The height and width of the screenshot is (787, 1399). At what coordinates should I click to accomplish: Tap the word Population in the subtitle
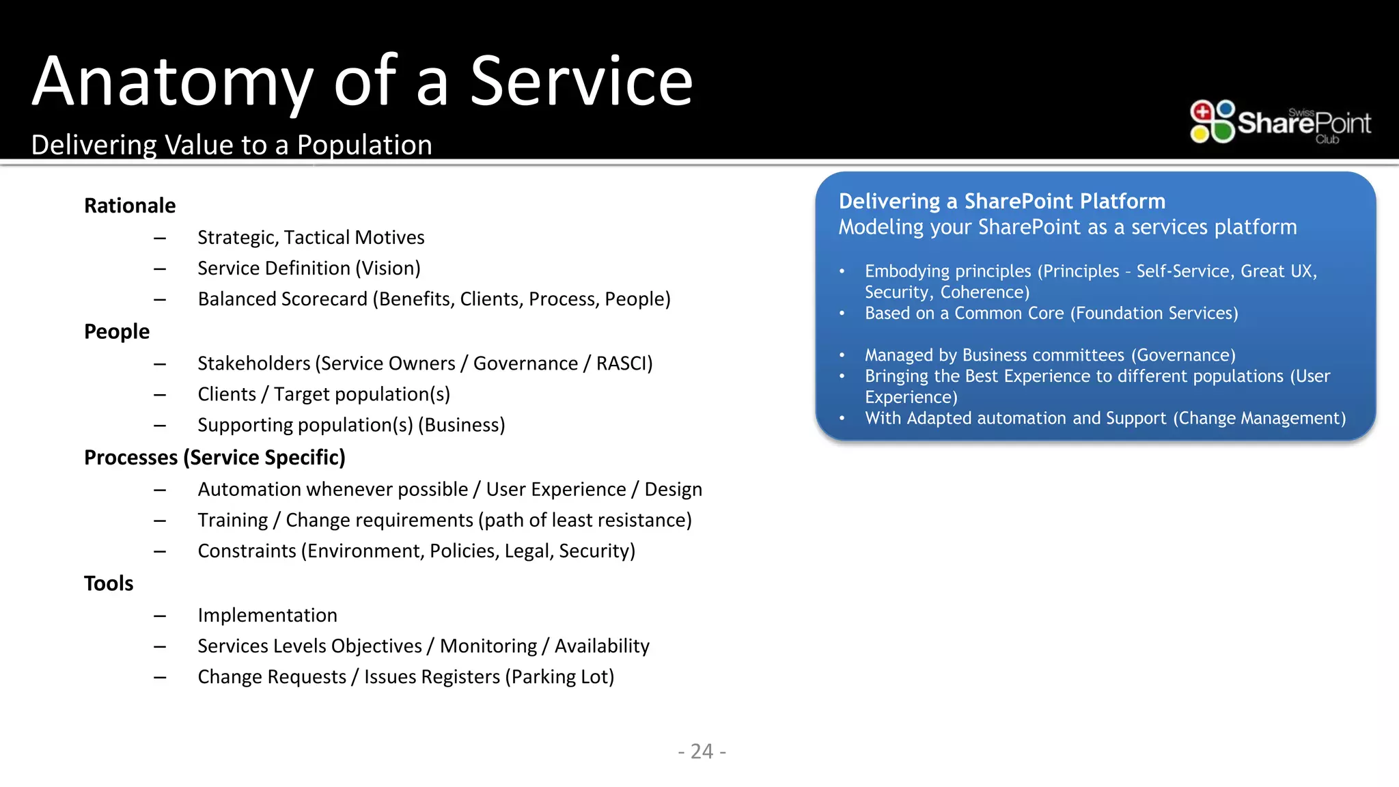point(364,146)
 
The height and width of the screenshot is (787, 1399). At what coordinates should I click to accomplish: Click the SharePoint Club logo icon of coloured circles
point(1212,122)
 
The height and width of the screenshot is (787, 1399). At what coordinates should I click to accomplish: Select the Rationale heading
point(130,206)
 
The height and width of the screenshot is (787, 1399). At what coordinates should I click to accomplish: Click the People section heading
point(117,331)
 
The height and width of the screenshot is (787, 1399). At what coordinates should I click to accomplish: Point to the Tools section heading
point(109,583)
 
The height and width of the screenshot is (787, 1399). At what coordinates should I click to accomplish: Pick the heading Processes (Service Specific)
point(214,457)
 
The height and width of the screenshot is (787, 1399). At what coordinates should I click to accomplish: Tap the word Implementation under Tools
point(267,615)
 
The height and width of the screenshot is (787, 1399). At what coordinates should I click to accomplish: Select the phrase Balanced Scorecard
point(282,299)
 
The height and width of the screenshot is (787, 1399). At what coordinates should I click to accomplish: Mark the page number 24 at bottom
point(702,751)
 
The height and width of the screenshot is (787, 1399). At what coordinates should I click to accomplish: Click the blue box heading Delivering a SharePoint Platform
point(1001,202)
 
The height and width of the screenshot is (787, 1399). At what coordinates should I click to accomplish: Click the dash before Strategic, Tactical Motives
point(160,238)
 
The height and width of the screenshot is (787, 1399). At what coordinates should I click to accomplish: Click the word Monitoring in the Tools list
point(488,646)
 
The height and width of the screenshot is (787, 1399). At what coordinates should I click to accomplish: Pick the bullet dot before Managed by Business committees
point(842,355)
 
